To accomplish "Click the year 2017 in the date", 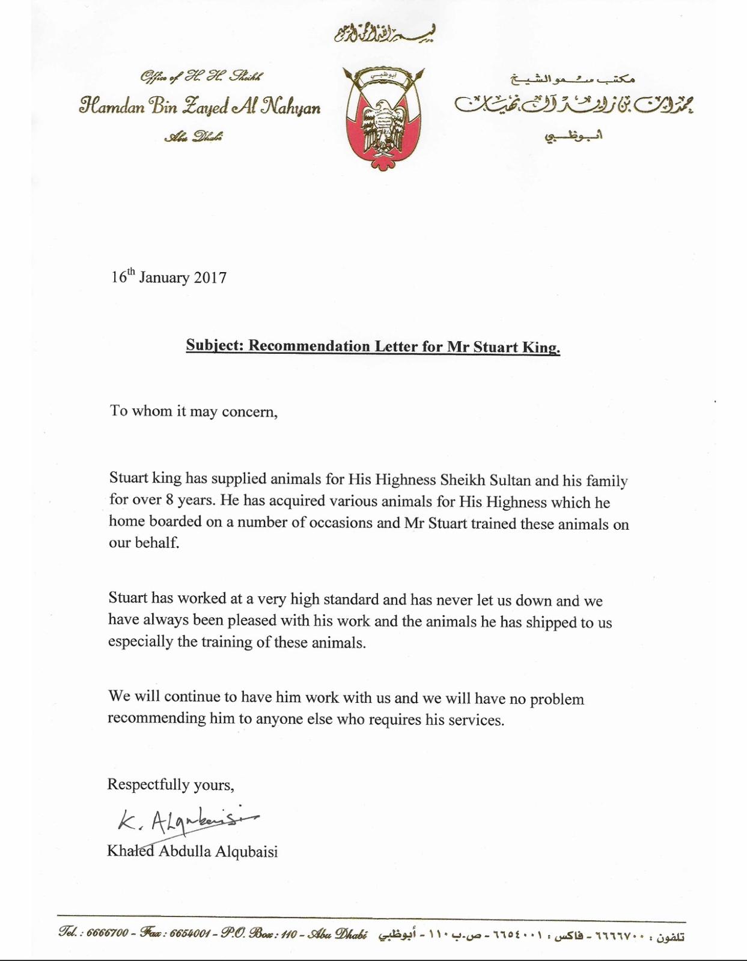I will point(210,277).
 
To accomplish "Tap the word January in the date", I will point(164,277).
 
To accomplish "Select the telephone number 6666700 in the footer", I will point(108,933).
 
